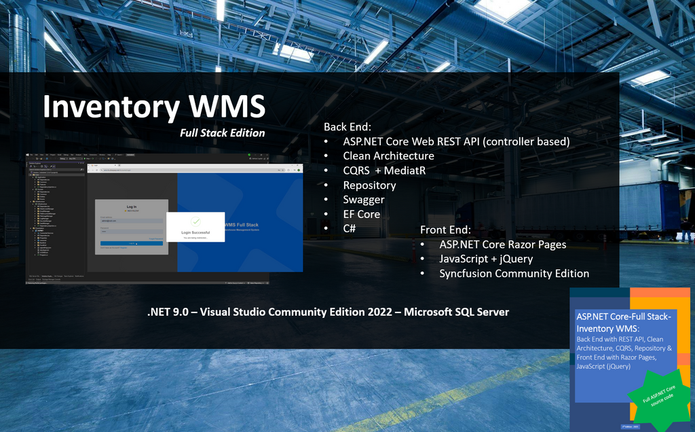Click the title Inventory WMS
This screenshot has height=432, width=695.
[x=154, y=107]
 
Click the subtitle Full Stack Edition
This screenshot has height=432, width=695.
[x=222, y=133]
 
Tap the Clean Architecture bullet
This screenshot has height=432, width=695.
[x=388, y=156]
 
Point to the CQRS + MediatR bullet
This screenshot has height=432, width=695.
[x=384, y=170]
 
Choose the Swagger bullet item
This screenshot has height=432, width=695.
[x=364, y=200]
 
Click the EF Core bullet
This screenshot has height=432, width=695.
[x=361, y=214]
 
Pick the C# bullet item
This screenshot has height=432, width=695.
[x=350, y=229]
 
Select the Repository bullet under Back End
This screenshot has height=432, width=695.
[x=369, y=185]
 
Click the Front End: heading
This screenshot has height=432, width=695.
[x=445, y=230]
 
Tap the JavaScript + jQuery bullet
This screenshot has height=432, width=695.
[x=486, y=259]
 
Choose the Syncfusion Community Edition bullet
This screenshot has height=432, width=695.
[x=514, y=274]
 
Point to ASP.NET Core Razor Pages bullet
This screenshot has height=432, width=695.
[x=502, y=245]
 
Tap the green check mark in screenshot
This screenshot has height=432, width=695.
[x=195, y=221]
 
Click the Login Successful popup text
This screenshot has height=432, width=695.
[x=195, y=232]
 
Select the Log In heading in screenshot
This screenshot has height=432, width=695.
[x=132, y=206]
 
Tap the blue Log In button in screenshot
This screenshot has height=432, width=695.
[x=132, y=242]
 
